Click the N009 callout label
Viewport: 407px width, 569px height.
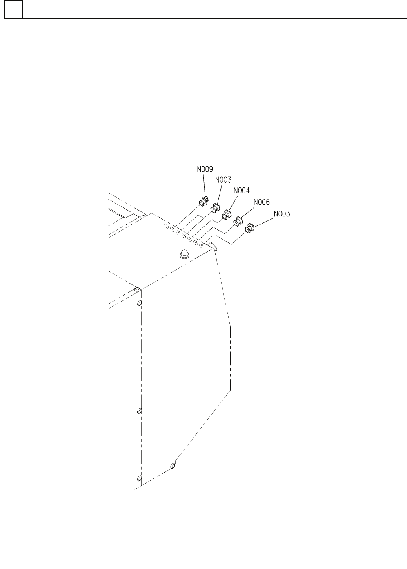[x=205, y=170]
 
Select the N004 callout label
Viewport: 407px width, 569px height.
[x=242, y=191]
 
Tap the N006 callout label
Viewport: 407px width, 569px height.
[x=262, y=202]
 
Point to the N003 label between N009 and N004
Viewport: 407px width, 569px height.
[x=223, y=180]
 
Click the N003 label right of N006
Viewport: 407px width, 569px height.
[x=282, y=214]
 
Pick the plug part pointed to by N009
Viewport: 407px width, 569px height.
[x=203, y=202]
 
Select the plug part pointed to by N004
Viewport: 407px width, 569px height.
[x=226, y=215]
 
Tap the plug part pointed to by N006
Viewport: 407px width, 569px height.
[x=238, y=221]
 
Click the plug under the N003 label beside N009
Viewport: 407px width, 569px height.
[x=215, y=208]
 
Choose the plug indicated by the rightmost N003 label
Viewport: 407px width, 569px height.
[x=249, y=228]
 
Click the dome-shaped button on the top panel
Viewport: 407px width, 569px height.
[x=184, y=255]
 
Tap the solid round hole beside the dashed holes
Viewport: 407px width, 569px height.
[x=212, y=246]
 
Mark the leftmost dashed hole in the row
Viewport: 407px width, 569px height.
[x=167, y=226]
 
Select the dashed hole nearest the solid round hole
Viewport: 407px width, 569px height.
[x=201, y=246]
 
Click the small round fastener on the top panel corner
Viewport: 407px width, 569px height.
[x=137, y=289]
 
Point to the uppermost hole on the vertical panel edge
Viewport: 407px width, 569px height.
[x=139, y=304]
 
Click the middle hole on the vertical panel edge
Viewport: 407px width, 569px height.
[x=139, y=411]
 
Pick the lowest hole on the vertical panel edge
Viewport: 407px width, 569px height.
[x=139, y=478]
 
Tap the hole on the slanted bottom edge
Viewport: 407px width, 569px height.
[x=173, y=466]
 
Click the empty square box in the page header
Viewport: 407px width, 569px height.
[x=13, y=10]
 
